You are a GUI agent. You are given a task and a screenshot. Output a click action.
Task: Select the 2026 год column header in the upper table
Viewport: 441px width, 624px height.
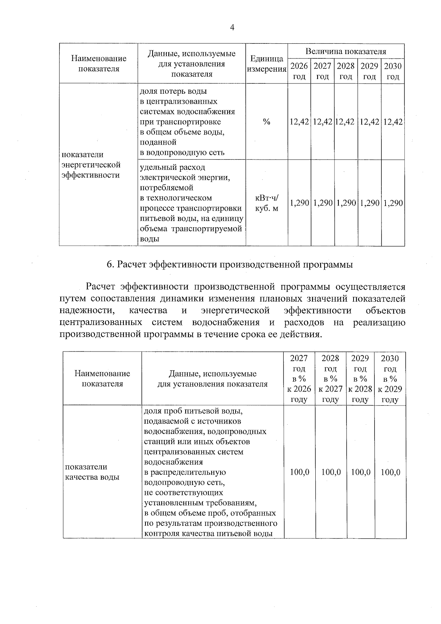299,71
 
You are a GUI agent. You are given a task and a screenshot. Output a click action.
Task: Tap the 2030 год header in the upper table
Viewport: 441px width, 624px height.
393,71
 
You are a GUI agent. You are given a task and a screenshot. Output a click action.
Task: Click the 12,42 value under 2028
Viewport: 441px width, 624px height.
345,122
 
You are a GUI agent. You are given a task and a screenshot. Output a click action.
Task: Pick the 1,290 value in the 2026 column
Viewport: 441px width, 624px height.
299,203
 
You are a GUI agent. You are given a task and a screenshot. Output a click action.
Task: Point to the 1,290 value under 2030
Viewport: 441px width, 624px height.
393,203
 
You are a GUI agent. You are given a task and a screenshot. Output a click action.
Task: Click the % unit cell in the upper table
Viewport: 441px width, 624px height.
267,122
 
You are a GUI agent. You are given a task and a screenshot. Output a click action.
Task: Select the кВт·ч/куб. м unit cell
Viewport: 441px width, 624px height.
267,203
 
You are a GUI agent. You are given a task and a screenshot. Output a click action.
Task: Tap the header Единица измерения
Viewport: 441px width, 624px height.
267,64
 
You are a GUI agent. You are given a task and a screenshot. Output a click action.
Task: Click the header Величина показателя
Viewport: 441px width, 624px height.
346,51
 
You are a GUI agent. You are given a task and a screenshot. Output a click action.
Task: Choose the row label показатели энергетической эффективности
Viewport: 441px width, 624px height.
91,165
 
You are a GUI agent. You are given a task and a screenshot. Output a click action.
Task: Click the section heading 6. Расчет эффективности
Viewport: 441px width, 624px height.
229,265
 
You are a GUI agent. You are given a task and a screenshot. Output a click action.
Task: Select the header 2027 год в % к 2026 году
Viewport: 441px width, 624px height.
299,379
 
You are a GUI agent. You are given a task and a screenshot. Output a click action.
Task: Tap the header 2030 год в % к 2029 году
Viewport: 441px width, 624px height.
390,379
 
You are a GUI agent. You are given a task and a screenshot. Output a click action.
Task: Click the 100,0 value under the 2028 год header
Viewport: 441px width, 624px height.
331,472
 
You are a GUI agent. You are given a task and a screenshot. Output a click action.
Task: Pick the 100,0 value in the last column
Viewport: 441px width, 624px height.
390,472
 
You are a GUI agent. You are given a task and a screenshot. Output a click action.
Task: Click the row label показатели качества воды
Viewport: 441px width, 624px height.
92,472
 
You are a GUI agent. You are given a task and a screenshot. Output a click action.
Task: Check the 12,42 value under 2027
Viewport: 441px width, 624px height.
322,122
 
